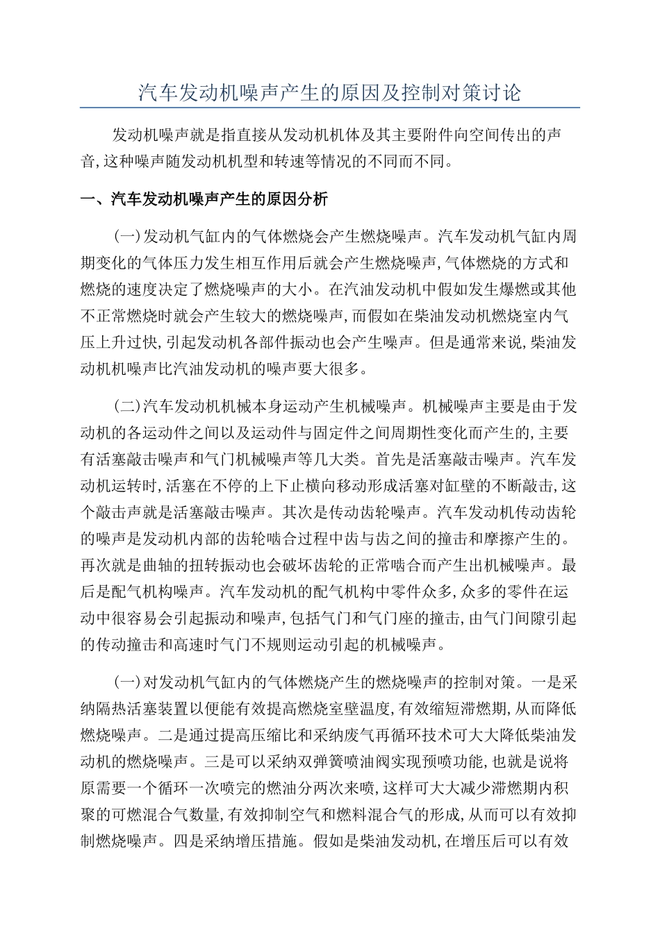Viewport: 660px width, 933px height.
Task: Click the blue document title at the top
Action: coord(329,93)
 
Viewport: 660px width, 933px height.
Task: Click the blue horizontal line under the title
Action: coord(329,108)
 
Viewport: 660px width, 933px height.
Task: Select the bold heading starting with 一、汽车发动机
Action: coord(204,200)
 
